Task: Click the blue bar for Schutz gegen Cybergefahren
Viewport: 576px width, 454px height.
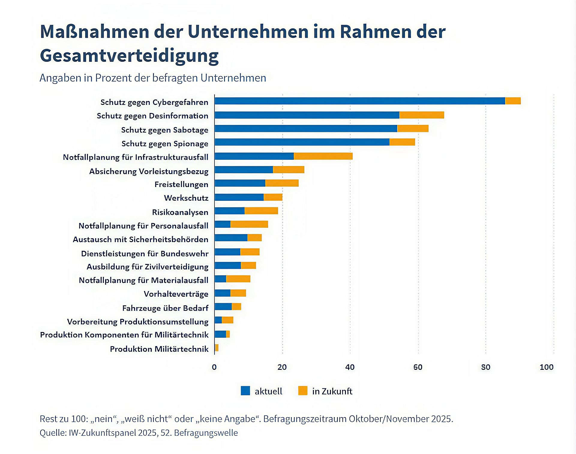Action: click(x=360, y=101)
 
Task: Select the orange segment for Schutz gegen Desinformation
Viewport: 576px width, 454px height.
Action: click(x=421, y=115)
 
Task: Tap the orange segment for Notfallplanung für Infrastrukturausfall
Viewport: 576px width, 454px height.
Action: click(x=323, y=156)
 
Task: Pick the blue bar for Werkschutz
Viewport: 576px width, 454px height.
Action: click(x=239, y=197)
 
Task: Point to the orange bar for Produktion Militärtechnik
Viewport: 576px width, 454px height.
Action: click(x=217, y=348)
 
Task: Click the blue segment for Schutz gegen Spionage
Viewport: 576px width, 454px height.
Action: click(x=302, y=142)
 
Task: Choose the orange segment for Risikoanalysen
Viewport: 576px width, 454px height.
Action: click(x=261, y=211)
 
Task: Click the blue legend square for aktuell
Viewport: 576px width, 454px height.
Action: click(x=245, y=391)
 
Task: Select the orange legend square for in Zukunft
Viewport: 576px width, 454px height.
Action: click(x=303, y=391)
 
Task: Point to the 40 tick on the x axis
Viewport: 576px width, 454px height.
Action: click(x=350, y=367)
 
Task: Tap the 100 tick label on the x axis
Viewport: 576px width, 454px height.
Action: click(x=546, y=367)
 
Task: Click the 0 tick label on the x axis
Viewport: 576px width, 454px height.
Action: click(x=214, y=367)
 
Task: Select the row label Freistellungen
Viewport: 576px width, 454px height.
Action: click(x=181, y=184)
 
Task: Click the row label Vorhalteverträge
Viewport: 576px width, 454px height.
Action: click(x=176, y=294)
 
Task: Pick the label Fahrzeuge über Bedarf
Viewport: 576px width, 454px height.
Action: click(x=165, y=308)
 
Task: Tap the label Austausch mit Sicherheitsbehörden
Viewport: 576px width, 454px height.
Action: click(x=140, y=239)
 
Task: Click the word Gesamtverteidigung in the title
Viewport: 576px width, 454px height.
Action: click(x=129, y=56)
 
